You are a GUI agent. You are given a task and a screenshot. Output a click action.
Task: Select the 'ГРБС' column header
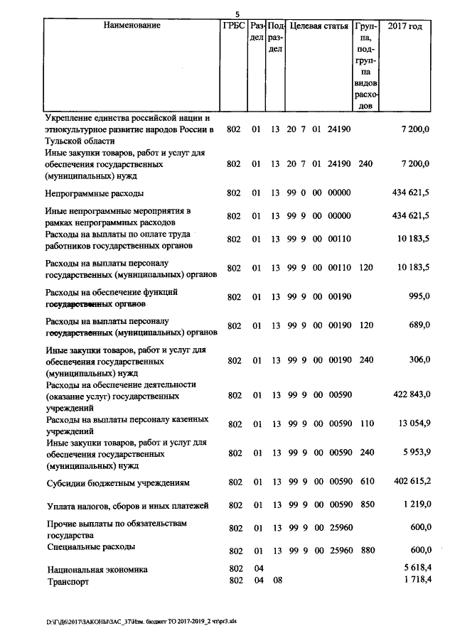click(x=233, y=26)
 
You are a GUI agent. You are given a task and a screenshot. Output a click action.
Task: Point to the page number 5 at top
click(x=238, y=13)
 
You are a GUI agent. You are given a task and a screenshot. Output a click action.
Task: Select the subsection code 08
click(x=277, y=580)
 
